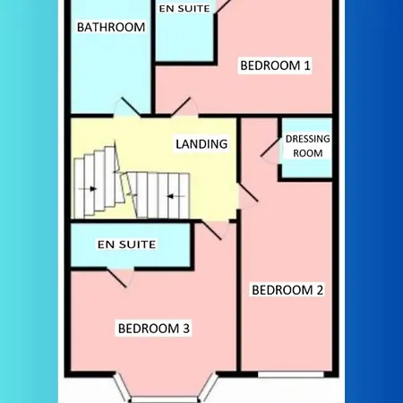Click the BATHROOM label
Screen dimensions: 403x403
pos(111,28)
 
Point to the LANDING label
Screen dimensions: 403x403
pos(201,143)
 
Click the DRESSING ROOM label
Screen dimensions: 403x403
pos(307,145)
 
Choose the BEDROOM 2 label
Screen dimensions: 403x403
pos(287,289)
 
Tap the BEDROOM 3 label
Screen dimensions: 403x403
pos(153,329)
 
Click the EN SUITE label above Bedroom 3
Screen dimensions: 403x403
pos(126,244)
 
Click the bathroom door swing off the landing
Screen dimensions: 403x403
pos(126,107)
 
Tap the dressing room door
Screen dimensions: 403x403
pos(270,149)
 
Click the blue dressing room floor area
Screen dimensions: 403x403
pos(307,166)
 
